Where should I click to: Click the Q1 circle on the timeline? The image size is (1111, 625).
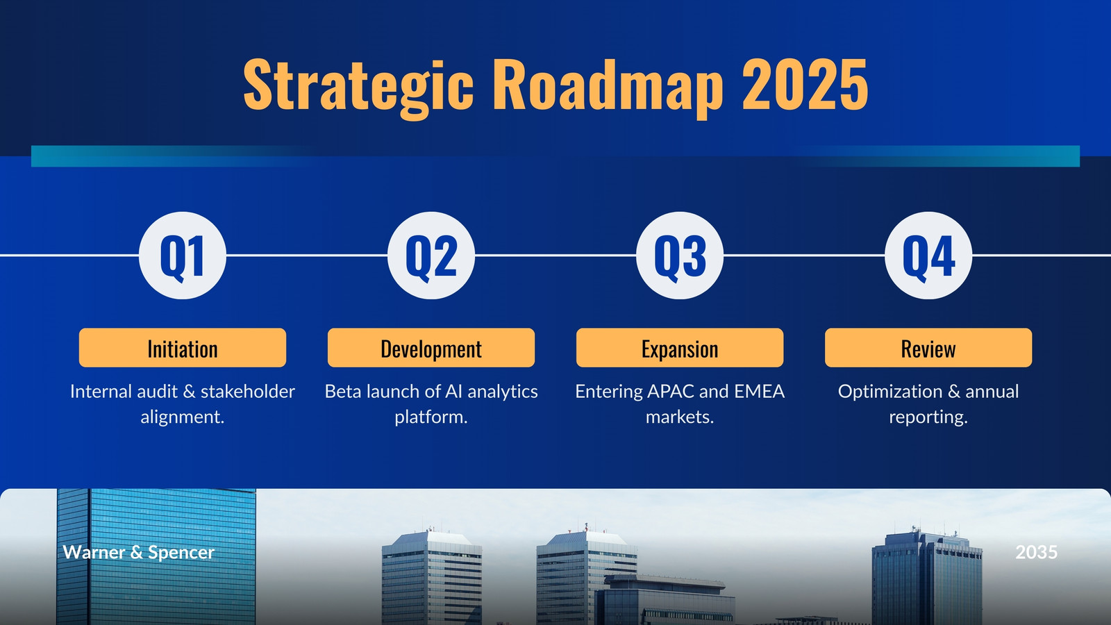pos(183,256)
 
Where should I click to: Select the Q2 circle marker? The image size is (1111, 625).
pos(431,256)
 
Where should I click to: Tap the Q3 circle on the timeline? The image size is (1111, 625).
pos(680,256)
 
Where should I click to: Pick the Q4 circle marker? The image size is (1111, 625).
pos(928,256)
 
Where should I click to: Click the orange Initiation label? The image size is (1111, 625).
pos(183,348)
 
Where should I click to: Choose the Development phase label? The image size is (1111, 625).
pos(431,348)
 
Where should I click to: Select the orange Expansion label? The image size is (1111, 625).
pos(680,348)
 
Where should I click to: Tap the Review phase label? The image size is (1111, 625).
pos(928,348)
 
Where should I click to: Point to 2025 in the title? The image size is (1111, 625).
pos(805,84)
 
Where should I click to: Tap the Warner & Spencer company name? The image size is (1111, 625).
pos(138,552)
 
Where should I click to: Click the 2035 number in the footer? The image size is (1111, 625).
pos(1036,552)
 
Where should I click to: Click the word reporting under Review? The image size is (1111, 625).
pos(928,417)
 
